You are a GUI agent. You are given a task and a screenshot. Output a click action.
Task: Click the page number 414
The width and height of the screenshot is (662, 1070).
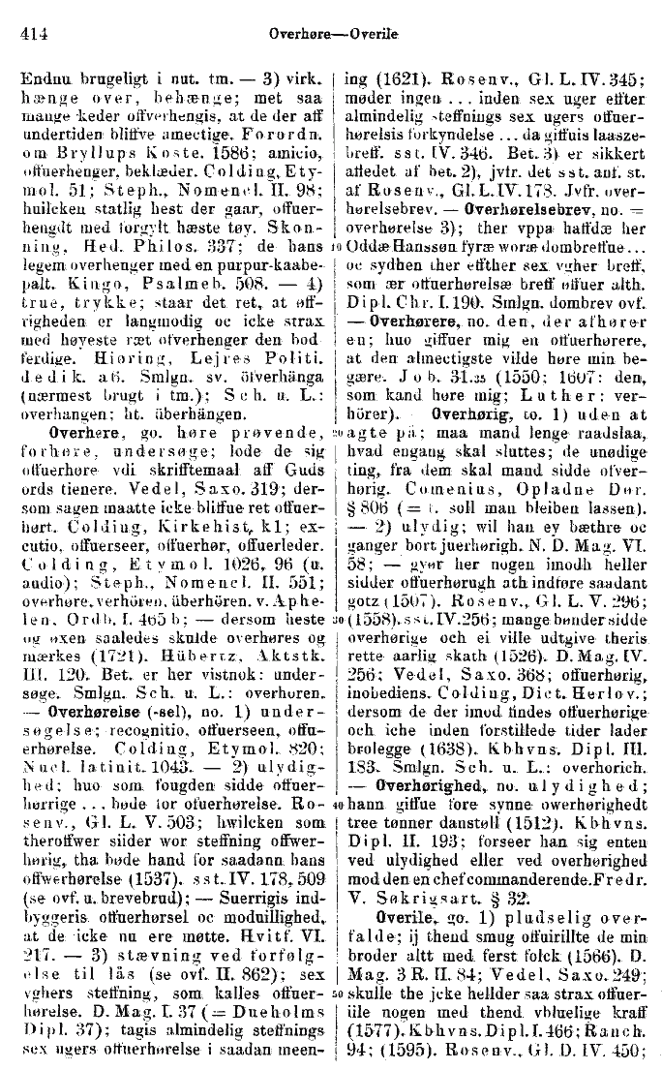point(35,32)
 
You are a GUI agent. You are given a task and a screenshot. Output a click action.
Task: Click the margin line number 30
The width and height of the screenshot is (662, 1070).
point(334,617)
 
